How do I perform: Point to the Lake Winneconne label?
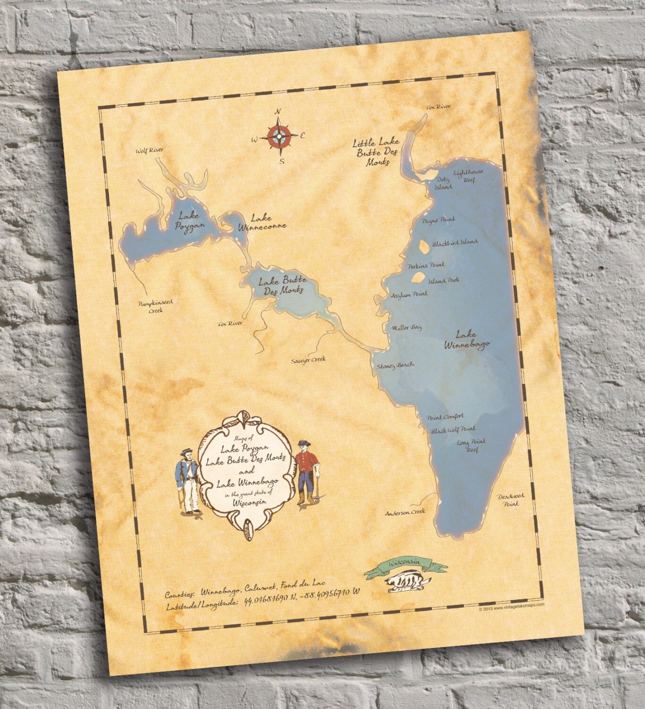[x=266, y=222]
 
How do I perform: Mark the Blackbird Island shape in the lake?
[x=424, y=246]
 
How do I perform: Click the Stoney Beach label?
[x=395, y=365]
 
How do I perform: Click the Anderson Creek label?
[x=405, y=511]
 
